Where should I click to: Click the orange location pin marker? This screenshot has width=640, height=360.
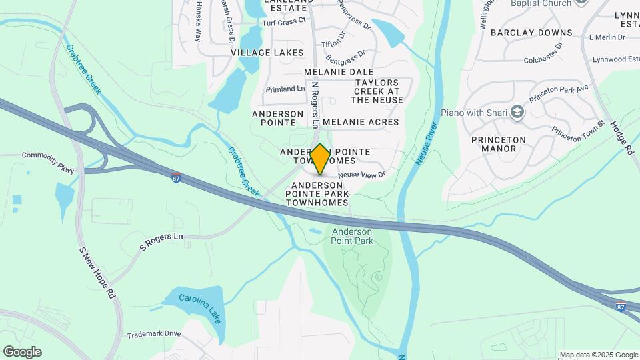click(x=320, y=159)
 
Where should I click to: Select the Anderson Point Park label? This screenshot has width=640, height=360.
click(x=353, y=236)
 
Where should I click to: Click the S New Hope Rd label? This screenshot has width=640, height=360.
click(x=97, y=273)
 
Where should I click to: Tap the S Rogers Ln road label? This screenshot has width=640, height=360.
click(x=161, y=241)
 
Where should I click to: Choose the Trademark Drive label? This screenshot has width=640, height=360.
click(x=154, y=333)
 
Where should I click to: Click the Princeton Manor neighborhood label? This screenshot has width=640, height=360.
click(x=498, y=144)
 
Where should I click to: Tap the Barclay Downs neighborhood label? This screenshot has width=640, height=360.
click(x=531, y=32)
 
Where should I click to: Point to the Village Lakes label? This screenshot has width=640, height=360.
click(x=267, y=53)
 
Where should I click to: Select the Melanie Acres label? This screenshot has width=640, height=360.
click(x=361, y=122)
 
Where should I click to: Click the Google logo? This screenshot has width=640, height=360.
click(x=22, y=352)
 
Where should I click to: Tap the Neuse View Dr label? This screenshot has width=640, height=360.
click(x=362, y=175)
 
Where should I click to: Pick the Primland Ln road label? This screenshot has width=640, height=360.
click(x=285, y=89)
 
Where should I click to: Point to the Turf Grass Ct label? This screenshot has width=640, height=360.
click(x=283, y=21)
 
